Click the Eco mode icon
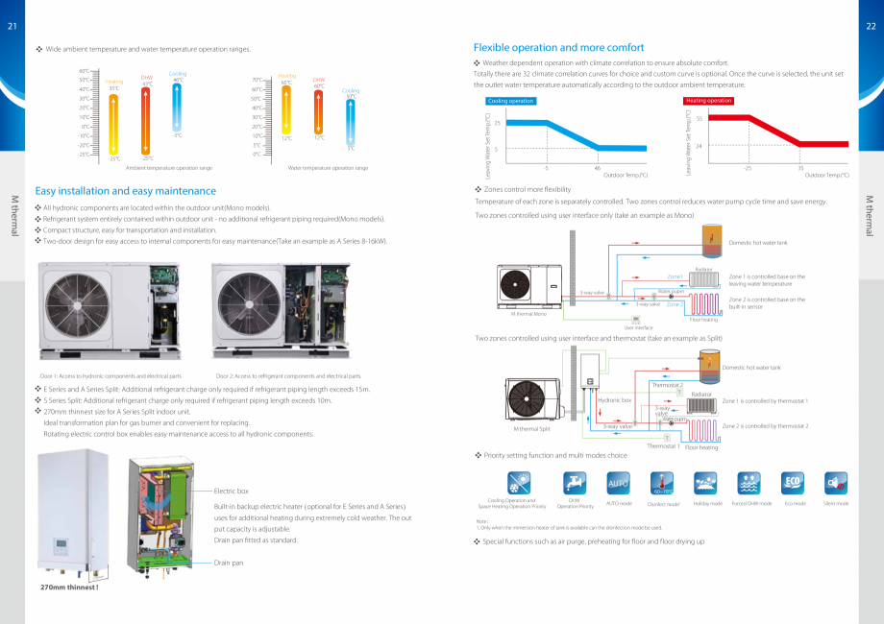(x=794, y=482)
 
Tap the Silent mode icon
(x=836, y=482)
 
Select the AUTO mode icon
(x=619, y=482)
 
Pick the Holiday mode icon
(x=707, y=482)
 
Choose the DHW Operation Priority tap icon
(x=574, y=482)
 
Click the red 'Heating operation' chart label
(x=708, y=101)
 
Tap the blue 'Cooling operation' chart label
(x=511, y=101)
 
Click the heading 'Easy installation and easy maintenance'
(x=126, y=191)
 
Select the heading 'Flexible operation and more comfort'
(x=559, y=47)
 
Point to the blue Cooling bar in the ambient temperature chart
(x=177, y=105)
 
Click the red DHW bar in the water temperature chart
(x=318, y=110)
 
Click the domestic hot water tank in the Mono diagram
(x=712, y=239)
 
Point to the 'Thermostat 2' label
(x=667, y=385)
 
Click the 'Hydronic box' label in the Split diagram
(x=615, y=399)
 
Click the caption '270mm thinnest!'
(x=69, y=587)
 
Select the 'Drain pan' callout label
(x=229, y=563)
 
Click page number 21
(x=12, y=25)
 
